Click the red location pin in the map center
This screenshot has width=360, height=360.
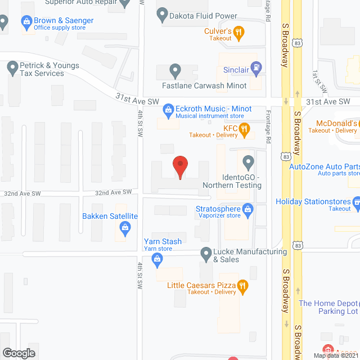point(180,166)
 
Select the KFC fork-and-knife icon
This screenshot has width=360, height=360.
point(244,130)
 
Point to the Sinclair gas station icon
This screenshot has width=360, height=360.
point(256,68)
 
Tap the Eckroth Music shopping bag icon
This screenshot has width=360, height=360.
point(167,109)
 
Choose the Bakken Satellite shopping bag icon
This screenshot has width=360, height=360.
point(125,228)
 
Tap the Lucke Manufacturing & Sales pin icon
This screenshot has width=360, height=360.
point(206,253)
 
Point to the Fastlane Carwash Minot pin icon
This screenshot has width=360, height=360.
point(175,71)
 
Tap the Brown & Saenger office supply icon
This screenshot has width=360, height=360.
point(26,22)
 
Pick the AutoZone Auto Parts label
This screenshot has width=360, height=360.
point(324,166)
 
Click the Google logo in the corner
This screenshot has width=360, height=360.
point(19,353)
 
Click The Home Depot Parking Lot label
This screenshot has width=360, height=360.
point(328,307)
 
